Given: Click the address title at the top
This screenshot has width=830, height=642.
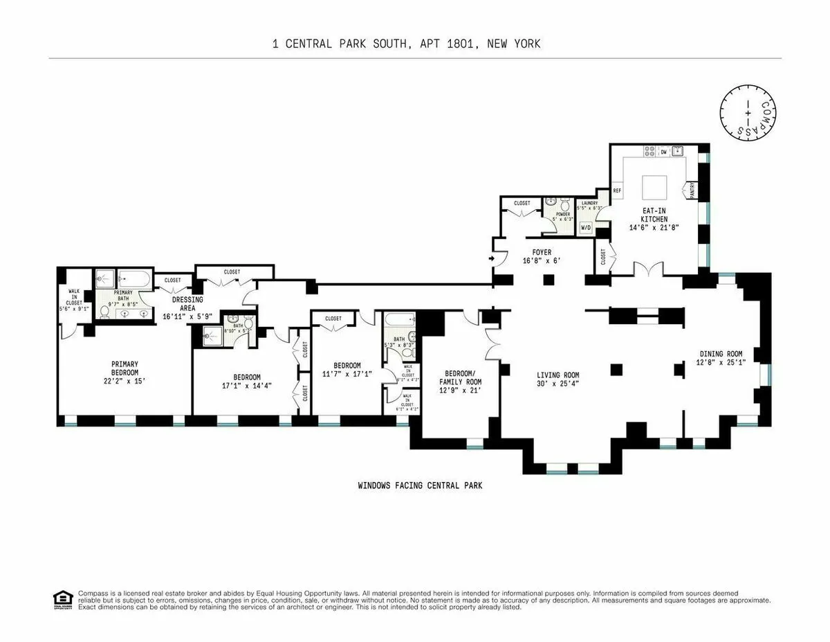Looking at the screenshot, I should (x=407, y=44).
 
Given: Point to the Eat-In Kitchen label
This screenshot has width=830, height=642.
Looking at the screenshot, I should (x=648, y=215).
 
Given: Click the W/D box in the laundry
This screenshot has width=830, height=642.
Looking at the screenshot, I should (x=586, y=227).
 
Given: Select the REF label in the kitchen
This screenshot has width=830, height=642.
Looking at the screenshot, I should (x=617, y=190).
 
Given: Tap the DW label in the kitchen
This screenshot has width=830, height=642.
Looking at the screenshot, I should (x=663, y=150).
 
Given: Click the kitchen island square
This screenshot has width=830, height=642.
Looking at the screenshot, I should (x=654, y=187).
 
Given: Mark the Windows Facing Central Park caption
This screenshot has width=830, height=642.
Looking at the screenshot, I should (x=420, y=485).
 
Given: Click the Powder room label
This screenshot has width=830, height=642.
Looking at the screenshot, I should (x=564, y=214).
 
